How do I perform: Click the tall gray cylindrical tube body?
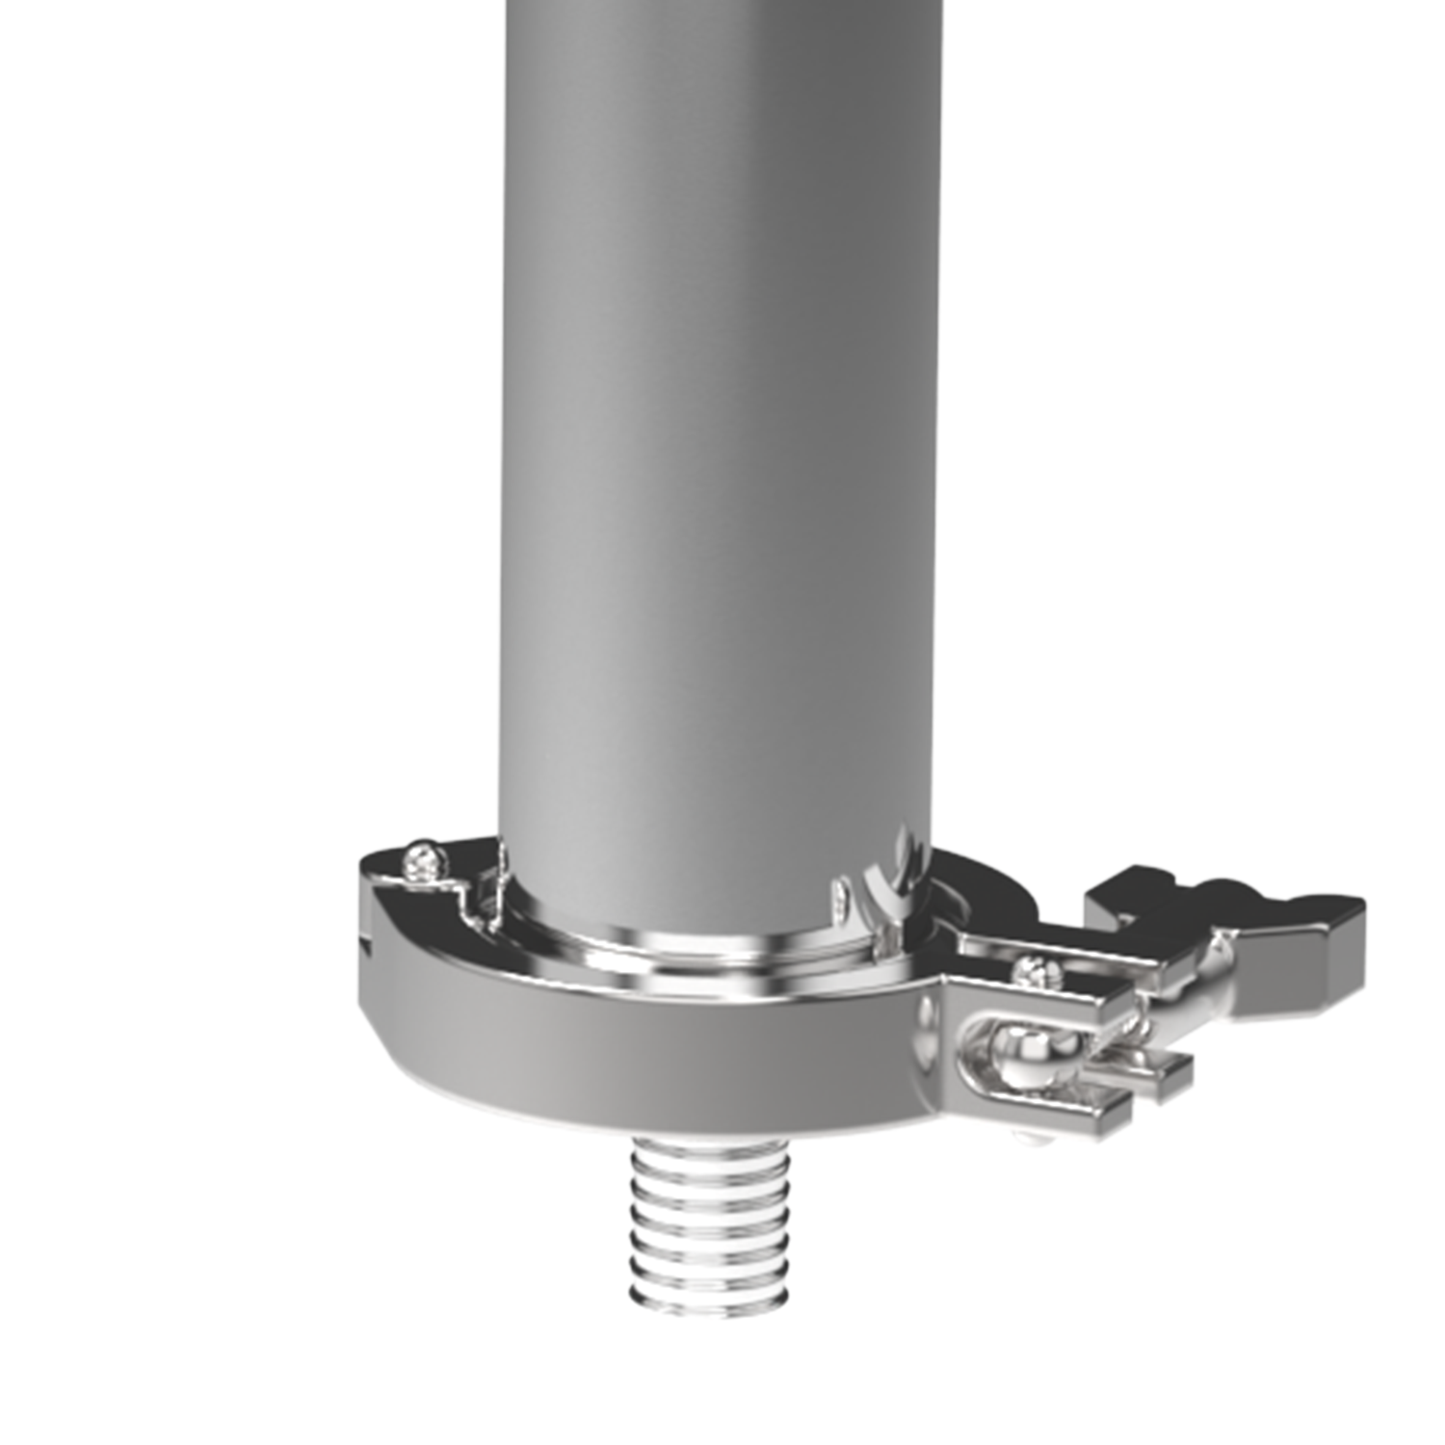coord(713,433)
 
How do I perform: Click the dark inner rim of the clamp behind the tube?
coord(973,896)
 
